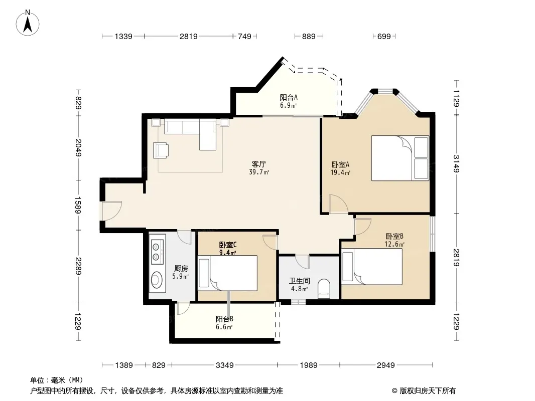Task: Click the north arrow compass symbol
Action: pos(28,23)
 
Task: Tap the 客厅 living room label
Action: pos(259,164)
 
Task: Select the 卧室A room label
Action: pos(340,164)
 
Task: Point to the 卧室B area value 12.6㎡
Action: pos(394,244)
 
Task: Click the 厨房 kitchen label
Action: pos(181,269)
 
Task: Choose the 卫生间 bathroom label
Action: pos(300,281)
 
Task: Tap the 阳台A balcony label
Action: pos(289,97)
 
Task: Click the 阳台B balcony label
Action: pos(224,319)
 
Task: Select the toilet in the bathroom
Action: pos(324,289)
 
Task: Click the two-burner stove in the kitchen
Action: pos(157,251)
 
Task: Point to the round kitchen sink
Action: pos(157,280)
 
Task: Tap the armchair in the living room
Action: pos(161,150)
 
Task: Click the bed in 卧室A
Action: pos(400,158)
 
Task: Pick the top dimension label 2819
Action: pos(189,36)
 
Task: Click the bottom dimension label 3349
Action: pos(225,365)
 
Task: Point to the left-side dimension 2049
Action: pos(78,147)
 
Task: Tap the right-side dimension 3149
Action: pos(457,163)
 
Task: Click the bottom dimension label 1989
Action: pos(309,365)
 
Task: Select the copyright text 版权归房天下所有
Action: pos(428,391)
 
